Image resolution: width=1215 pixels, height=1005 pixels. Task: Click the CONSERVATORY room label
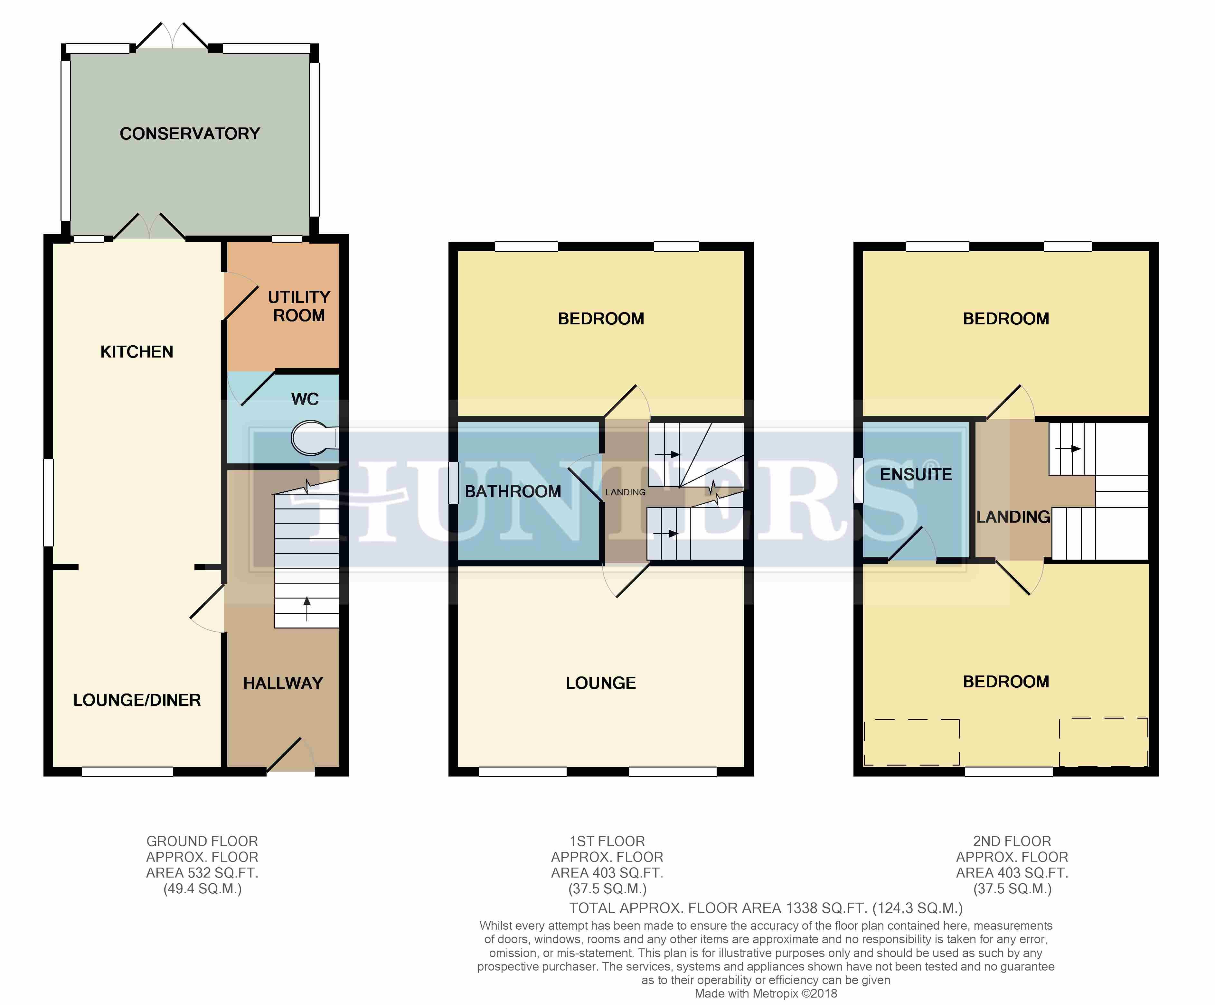190,134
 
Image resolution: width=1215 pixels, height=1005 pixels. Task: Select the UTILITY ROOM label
298,306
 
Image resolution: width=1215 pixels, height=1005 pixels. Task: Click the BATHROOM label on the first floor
513,491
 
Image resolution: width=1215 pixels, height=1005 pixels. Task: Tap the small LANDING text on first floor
626,492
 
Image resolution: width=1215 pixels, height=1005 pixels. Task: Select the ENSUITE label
916,475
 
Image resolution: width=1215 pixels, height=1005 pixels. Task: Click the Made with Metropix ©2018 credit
766,993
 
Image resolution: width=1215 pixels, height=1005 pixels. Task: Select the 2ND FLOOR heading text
1012,841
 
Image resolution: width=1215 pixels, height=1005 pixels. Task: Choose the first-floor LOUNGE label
600,683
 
